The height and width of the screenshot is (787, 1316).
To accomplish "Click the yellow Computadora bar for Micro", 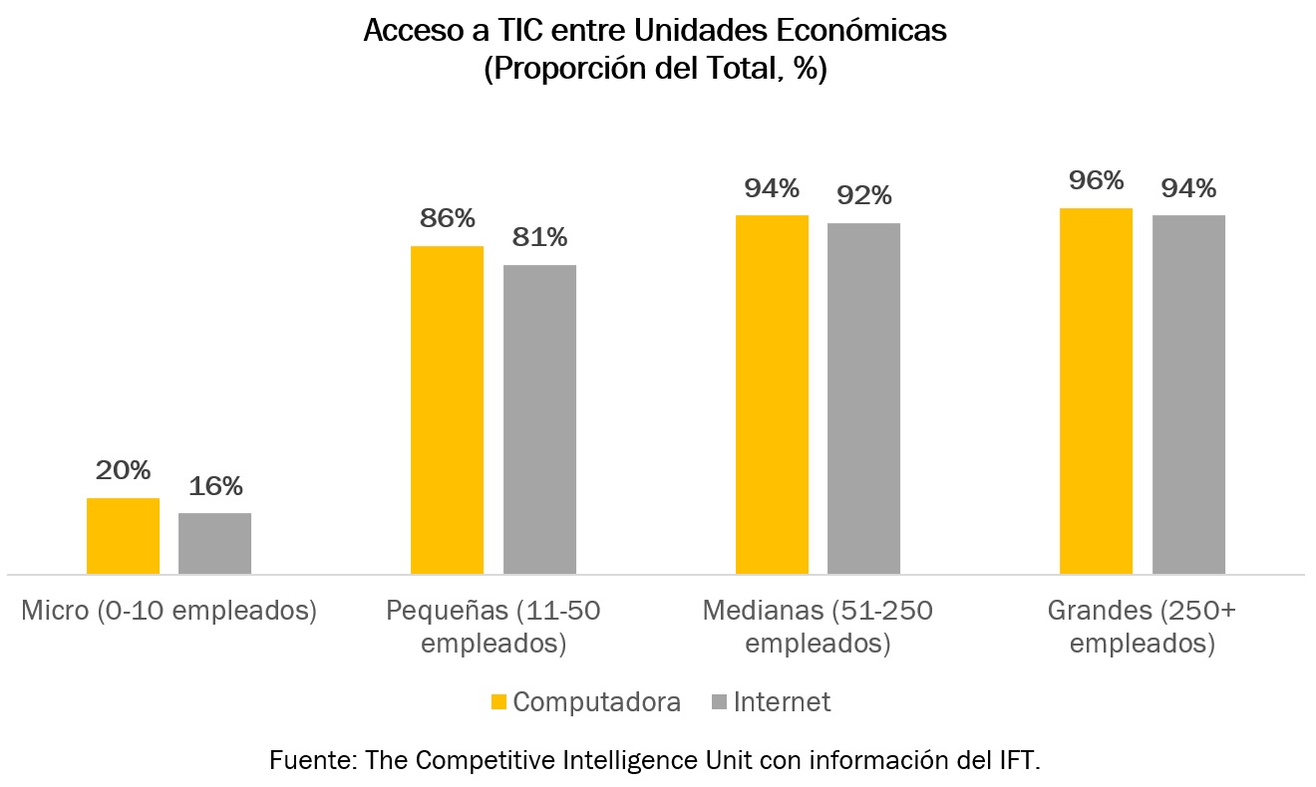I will coord(123,536).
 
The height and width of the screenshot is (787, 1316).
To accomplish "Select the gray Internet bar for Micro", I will coord(214,544).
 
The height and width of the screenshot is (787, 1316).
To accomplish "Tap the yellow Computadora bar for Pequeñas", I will coord(447,409).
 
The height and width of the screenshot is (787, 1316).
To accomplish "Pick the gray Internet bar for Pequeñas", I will coord(539,419).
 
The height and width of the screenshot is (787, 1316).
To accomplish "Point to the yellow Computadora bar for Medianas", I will coord(772,394).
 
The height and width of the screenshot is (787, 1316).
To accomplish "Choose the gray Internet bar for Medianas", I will coord(863,398).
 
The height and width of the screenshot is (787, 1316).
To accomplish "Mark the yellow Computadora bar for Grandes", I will coord(1096,391).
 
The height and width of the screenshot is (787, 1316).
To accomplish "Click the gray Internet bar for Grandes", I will coord(1188,394).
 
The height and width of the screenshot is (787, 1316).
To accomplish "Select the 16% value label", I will coord(215,487).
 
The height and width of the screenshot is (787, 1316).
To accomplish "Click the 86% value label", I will coord(447,219).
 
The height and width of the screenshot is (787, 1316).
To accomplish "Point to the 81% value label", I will coord(539,238).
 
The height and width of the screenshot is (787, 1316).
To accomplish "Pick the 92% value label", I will coord(864,196).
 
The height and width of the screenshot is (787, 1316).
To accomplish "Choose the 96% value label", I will coord(1097,181).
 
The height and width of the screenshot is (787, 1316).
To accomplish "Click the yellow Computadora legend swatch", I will coord(499,702).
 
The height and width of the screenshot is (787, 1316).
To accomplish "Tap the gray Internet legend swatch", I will coord(719,702).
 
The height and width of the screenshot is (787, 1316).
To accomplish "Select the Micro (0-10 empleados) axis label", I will coord(169,611).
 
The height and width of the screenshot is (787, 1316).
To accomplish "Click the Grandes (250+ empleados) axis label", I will coord(1142,627).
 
